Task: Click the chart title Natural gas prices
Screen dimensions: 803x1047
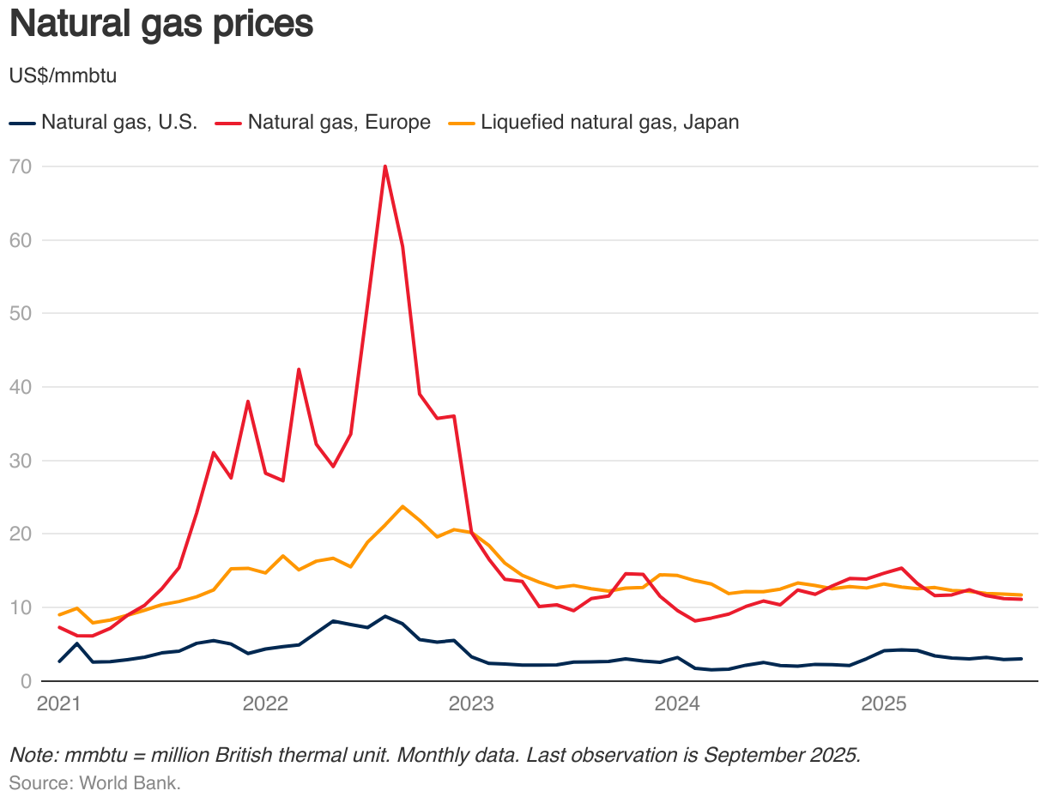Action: click(x=160, y=24)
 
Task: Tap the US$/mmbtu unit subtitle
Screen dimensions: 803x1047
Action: click(x=63, y=75)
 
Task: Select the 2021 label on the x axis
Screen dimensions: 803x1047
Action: click(x=58, y=703)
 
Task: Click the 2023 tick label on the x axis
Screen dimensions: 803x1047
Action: click(x=471, y=703)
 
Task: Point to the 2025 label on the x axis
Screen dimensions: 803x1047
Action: click(x=884, y=703)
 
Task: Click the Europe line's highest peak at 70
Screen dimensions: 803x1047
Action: click(x=385, y=166)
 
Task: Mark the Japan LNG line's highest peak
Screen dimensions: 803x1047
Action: click(x=402, y=506)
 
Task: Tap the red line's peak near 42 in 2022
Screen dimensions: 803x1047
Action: click(x=299, y=369)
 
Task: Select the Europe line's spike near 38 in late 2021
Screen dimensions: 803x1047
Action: click(x=248, y=401)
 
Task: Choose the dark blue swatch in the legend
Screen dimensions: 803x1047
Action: click(x=22, y=123)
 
